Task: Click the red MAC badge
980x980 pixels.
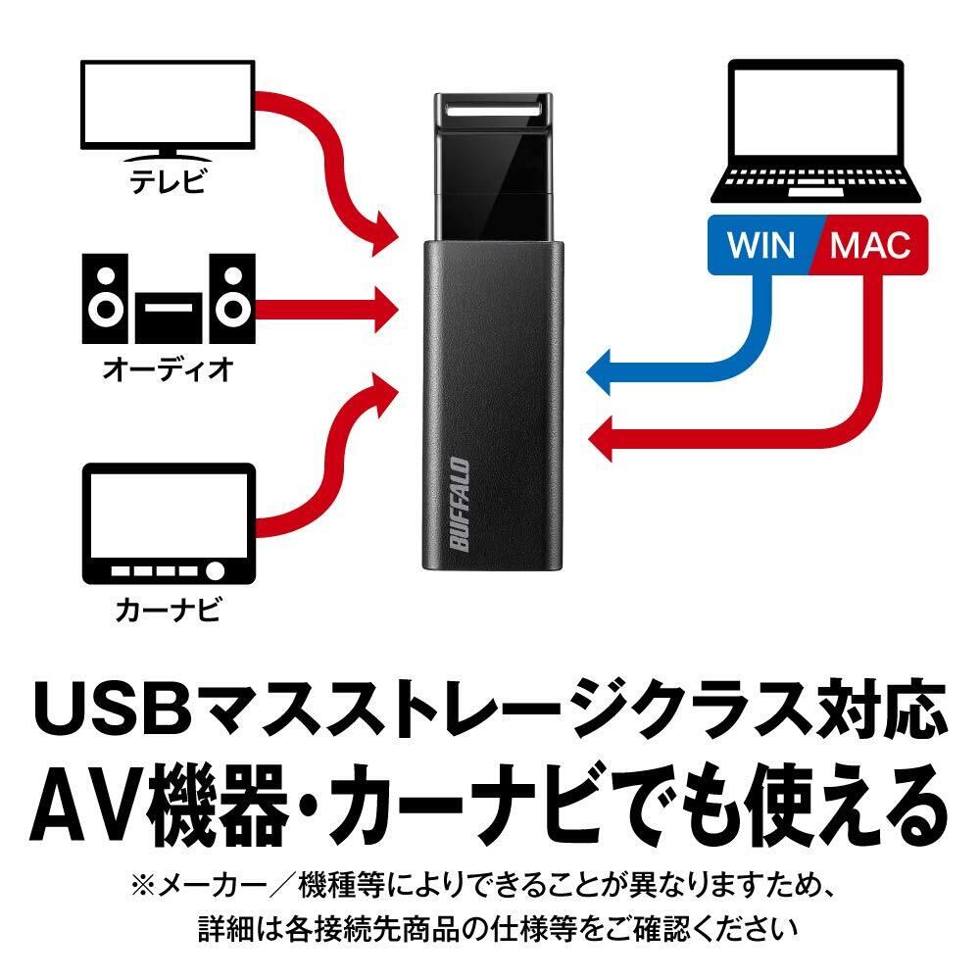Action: [867, 244]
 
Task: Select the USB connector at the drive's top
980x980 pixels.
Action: [489, 112]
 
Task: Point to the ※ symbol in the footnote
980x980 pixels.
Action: [145, 888]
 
